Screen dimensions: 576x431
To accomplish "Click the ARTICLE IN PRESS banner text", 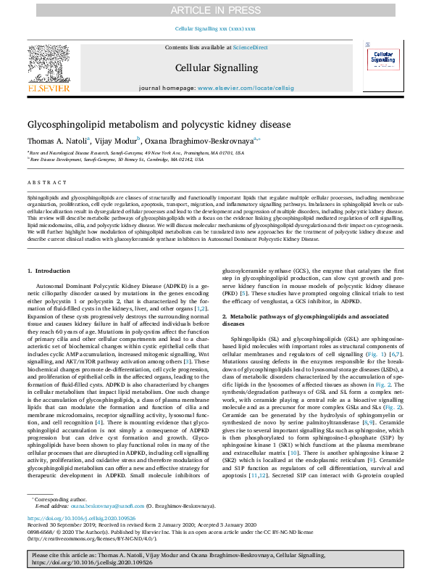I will [215, 10].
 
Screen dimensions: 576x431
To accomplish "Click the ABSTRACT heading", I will [44, 183].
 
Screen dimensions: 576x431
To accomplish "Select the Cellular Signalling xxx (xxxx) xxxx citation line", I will [215, 28].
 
